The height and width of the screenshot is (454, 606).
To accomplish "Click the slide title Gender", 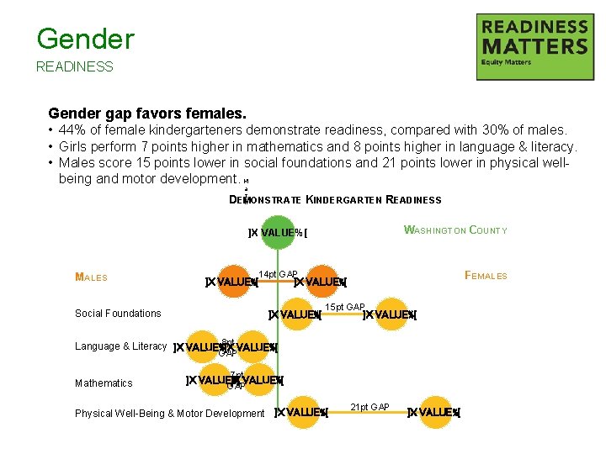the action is [x=85, y=39].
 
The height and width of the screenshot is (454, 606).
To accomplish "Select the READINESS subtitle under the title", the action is [x=74, y=66].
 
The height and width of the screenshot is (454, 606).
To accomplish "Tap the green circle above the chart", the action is [x=278, y=232].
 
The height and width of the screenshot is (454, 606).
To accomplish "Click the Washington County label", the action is [x=455, y=230].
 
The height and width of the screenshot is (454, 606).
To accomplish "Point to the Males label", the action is [x=91, y=277].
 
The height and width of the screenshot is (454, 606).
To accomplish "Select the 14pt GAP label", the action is [x=278, y=274].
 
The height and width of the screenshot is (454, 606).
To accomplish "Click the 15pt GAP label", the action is [x=345, y=307].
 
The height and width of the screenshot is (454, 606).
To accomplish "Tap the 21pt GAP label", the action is [x=369, y=407].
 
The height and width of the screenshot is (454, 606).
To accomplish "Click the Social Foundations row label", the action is [x=118, y=314].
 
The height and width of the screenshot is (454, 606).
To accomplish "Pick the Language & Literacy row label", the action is [x=120, y=346].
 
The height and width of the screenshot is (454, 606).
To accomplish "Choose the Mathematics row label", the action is [x=104, y=383].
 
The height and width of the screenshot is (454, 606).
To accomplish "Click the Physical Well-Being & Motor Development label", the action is [x=169, y=414].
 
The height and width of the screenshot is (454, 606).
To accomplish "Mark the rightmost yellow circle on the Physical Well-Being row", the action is [x=434, y=412].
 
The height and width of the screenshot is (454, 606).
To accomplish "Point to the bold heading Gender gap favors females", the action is [x=147, y=113].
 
